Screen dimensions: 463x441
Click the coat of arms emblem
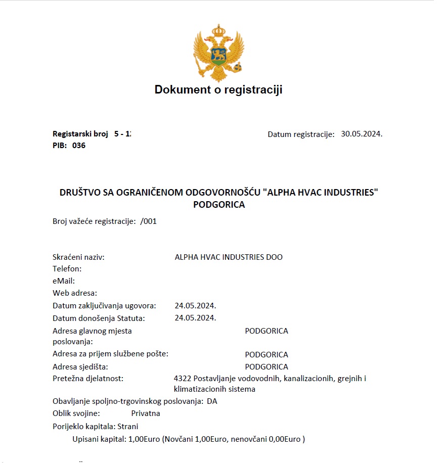click(x=218, y=54)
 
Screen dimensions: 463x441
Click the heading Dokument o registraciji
click(x=218, y=90)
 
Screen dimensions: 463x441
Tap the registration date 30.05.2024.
click(x=362, y=134)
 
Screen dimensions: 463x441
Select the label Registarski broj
click(x=80, y=134)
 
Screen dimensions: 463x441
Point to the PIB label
click(x=60, y=146)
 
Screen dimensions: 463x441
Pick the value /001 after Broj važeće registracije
click(x=149, y=221)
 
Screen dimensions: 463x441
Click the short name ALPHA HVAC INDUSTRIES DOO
click(x=229, y=257)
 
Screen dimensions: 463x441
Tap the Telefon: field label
click(x=67, y=269)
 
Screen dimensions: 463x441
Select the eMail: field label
click(x=64, y=281)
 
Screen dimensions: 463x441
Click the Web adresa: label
click(x=75, y=293)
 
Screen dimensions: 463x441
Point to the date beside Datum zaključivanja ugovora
click(x=195, y=306)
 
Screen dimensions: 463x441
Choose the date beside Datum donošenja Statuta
click(x=195, y=318)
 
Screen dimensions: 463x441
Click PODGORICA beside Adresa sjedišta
click(x=267, y=367)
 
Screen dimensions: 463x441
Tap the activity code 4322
click(x=182, y=379)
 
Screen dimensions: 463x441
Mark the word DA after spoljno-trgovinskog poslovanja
click(x=212, y=401)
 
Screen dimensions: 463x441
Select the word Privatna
click(x=146, y=413)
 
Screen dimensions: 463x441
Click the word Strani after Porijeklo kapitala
click(x=128, y=426)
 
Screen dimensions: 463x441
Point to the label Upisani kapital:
click(x=99, y=439)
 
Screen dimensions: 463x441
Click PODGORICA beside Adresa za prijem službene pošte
click(x=267, y=355)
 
